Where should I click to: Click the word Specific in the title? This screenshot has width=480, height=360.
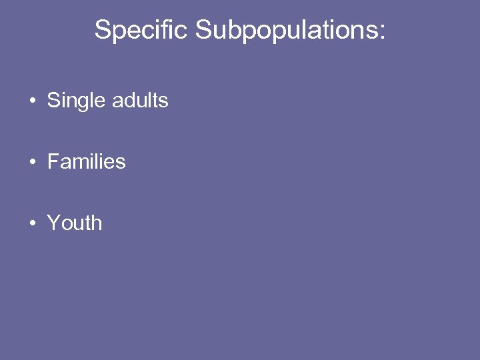pyautogui.click(x=141, y=30)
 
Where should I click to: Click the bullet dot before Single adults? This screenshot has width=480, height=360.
pyautogui.click(x=32, y=101)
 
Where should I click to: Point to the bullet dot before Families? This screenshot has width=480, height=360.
pyautogui.click(x=32, y=162)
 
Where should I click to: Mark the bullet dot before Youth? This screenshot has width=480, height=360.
pyautogui.click(x=32, y=223)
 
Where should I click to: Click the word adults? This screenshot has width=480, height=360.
pyautogui.click(x=140, y=101)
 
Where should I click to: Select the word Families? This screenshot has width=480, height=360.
pyautogui.click(x=86, y=162)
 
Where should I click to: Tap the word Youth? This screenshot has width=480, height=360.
pyautogui.click(x=75, y=223)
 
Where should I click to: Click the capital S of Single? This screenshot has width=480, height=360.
pyautogui.click(x=53, y=101)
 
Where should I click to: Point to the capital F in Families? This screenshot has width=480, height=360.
pyautogui.click(x=53, y=162)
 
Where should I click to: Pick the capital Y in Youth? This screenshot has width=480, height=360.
pyautogui.click(x=53, y=223)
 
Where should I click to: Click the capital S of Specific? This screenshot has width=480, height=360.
pyautogui.click(x=103, y=30)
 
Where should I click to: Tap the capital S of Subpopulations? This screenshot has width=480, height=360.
pyautogui.click(x=203, y=30)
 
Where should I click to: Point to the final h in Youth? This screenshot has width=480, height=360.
pyautogui.click(x=97, y=223)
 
